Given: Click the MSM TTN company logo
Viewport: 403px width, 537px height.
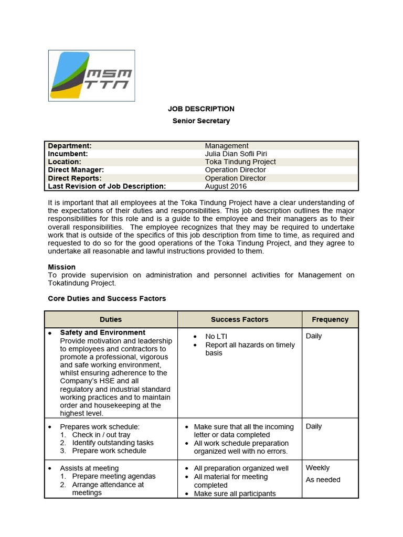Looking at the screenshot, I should tap(91, 76).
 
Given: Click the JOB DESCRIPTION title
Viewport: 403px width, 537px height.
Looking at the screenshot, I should tap(201, 109).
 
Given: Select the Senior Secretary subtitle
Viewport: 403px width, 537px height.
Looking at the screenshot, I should tap(201, 121).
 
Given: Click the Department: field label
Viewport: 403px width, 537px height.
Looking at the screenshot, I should tap(70, 146).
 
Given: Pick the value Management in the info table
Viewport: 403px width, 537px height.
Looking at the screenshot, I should tap(227, 146).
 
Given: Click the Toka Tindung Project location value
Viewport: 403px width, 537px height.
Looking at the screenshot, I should tap(240, 162).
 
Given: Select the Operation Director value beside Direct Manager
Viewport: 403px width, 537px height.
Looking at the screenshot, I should tap(235, 170).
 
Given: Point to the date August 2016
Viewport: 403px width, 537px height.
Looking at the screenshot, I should tap(226, 186).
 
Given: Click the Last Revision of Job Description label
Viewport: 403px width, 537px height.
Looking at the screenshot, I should tap(107, 186).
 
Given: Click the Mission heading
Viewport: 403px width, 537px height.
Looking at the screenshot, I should tap(62, 267).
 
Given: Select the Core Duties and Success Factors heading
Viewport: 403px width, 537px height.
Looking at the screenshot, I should tap(107, 298).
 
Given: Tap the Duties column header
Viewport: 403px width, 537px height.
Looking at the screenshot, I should tap(111, 319).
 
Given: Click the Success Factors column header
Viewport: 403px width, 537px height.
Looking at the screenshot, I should tap(239, 319).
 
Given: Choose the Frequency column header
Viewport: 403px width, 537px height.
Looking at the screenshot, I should tap(330, 319).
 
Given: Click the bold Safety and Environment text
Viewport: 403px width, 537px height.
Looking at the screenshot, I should tap(103, 332).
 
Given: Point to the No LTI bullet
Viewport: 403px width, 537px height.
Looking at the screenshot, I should tap(216, 336).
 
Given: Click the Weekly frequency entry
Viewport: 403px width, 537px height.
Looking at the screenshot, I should tap(317, 468).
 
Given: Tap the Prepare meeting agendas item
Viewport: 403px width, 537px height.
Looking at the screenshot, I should tap(114, 476).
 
